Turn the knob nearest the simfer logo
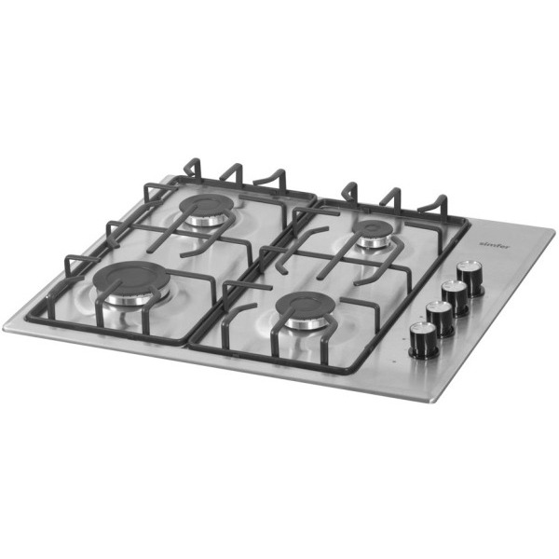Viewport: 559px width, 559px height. point(471,277)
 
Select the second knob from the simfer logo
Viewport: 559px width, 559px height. point(456,295)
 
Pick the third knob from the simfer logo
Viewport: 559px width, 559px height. point(440,316)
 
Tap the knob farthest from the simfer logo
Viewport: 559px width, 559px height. point(423,339)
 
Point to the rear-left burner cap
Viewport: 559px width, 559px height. point(206,208)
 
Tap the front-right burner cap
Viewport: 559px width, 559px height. point(305,307)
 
